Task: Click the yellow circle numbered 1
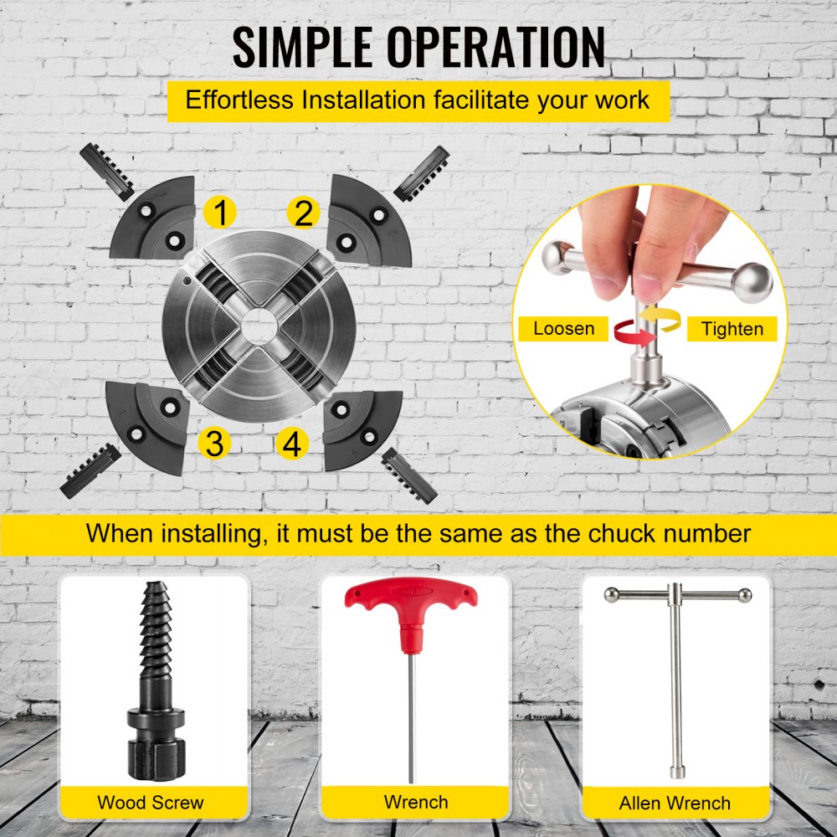tap(220, 212)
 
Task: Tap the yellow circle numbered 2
tap(303, 212)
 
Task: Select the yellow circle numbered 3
tap(214, 443)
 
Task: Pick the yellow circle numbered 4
tap(292, 443)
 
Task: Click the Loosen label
tap(563, 328)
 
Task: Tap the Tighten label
tap(732, 329)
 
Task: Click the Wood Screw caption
tap(151, 803)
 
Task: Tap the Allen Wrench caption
tap(675, 803)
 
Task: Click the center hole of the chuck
tap(259, 325)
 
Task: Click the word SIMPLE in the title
tap(302, 47)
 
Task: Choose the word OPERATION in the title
tap(496, 47)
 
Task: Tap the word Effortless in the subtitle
tap(239, 100)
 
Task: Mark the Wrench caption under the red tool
tap(416, 802)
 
